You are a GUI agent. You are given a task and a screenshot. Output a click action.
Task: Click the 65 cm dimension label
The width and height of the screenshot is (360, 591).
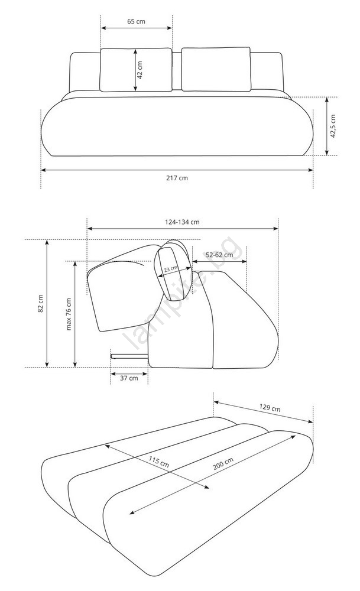click(x=136, y=21)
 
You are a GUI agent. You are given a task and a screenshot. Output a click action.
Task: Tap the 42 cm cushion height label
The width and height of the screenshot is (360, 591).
click(x=140, y=70)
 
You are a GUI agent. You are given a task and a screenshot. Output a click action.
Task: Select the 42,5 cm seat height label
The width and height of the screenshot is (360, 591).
click(x=333, y=126)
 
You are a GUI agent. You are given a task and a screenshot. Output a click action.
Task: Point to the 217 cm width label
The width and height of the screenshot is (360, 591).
click(x=177, y=178)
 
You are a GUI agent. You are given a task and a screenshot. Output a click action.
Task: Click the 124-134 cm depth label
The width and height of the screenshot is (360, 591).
click(x=182, y=222)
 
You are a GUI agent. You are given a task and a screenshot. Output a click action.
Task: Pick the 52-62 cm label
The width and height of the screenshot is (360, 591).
click(x=219, y=255)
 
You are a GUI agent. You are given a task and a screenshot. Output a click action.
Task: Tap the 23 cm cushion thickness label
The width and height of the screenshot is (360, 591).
click(x=171, y=269)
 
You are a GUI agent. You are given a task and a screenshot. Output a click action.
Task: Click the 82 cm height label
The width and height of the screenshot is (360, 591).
click(x=41, y=303)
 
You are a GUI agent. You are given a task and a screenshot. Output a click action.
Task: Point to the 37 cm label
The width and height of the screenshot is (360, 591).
click(x=129, y=378)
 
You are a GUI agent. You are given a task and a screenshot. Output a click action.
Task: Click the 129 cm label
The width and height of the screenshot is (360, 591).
click(x=270, y=407)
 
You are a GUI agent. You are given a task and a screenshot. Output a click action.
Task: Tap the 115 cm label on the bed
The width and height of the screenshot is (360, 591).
click(x=158, y=462)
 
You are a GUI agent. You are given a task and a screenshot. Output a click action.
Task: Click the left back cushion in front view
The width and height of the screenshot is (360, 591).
click(x=136, y=70)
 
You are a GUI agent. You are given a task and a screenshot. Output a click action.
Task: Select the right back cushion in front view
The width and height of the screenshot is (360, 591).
click(x=216, y=69)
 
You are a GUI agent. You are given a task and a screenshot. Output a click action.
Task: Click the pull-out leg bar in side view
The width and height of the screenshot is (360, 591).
click(x=129, y=355)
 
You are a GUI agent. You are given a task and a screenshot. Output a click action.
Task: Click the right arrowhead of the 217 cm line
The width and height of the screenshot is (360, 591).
click(x=310, y=170)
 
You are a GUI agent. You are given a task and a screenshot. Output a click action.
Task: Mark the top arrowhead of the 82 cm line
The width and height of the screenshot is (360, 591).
click(x=47, y=243)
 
